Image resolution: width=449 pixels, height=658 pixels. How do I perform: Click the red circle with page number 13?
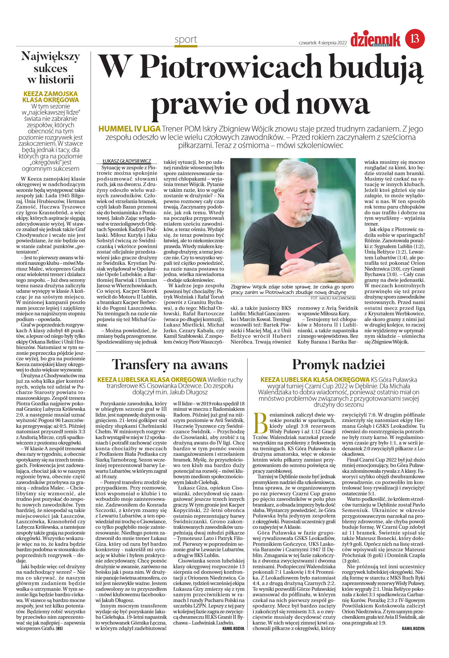415,39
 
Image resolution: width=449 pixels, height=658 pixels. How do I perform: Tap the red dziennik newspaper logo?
375,40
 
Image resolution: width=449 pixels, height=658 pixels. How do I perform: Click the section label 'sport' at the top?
186,39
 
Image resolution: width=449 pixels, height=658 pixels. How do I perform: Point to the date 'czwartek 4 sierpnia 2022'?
322,43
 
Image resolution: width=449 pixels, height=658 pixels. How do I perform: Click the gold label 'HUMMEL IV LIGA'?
129,129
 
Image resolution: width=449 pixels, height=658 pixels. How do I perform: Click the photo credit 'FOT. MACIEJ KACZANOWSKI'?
333,298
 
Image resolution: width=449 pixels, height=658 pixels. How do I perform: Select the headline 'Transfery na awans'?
170,365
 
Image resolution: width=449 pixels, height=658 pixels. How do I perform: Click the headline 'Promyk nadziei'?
338,365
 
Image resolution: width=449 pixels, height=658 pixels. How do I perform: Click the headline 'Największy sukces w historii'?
51,68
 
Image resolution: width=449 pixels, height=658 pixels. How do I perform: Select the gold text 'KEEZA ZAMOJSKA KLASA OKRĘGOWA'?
51,97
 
